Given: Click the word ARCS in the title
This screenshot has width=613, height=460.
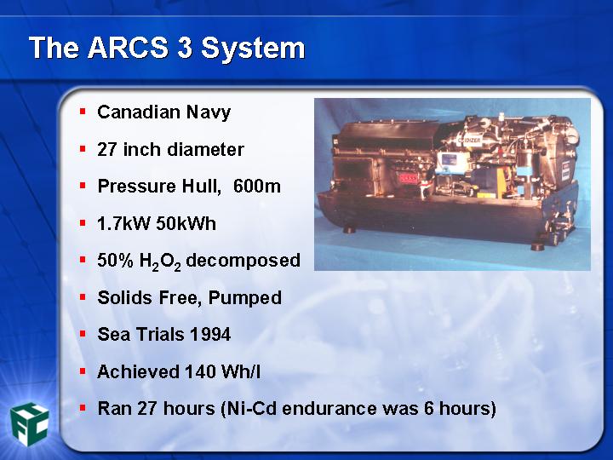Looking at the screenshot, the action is [129, 48].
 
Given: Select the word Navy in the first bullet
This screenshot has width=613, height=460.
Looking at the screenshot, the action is [209, 112].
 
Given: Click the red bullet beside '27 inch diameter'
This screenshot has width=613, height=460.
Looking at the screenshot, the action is [83, 149].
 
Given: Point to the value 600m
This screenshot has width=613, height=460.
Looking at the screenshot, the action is [257, 186].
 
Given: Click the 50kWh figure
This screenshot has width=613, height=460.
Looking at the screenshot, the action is [186, 223].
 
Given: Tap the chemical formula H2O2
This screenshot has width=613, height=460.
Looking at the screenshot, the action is [160, 262].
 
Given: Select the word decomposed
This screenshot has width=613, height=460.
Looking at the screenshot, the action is [243, 261].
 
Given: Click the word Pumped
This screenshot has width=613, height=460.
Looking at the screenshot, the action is [244, 298].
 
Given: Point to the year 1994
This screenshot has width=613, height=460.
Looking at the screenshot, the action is [210, 335].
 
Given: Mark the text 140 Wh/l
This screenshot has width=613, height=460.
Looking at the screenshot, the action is [222, 371].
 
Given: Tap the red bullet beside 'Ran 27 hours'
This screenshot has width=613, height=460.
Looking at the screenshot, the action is [83, 408].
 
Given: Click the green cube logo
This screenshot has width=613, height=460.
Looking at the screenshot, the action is [29, 424].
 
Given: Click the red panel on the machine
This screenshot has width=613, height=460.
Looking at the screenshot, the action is [408, 178].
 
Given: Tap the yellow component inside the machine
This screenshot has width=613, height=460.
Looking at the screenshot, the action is [486, 194].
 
